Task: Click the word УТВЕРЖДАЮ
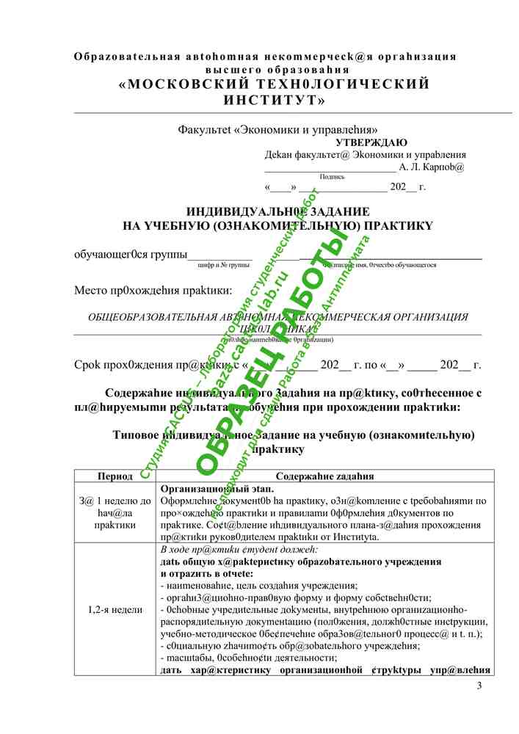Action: pos(371,142)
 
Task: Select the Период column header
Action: pos(115,476)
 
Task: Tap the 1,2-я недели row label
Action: pos(115,609)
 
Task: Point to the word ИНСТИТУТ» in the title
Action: pos(275,99)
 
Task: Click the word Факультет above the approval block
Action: pos(203,129)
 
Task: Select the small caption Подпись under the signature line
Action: pos(332,176)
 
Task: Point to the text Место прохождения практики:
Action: pos(153,290)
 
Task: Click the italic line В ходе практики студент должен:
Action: pos(239,549)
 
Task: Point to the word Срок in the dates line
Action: pos(87,365)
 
